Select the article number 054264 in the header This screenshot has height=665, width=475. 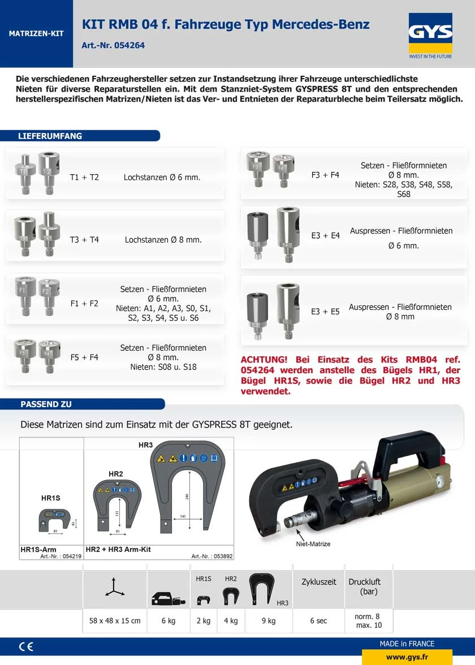coord(113,45)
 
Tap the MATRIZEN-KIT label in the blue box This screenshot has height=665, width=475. coord(36,34)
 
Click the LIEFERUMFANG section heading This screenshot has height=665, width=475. coord(50,136)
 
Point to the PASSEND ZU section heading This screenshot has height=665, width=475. coord(46,404)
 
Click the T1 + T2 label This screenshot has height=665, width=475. coord(84,178)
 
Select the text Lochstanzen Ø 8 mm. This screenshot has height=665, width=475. coord(163,240)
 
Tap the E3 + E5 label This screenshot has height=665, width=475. coord(325,312)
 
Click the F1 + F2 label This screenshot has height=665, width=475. coord(84,304)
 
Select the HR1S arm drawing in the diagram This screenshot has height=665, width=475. coord(54,519)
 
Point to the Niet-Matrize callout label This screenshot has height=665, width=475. coord(313,544)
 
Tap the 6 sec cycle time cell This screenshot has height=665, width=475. coord(318,621)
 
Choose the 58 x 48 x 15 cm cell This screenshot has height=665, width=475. coord(115,621)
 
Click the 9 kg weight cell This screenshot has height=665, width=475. coord(269,621)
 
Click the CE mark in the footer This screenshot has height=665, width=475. coord(26,646)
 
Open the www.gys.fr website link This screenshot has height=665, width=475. coord(407,658)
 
